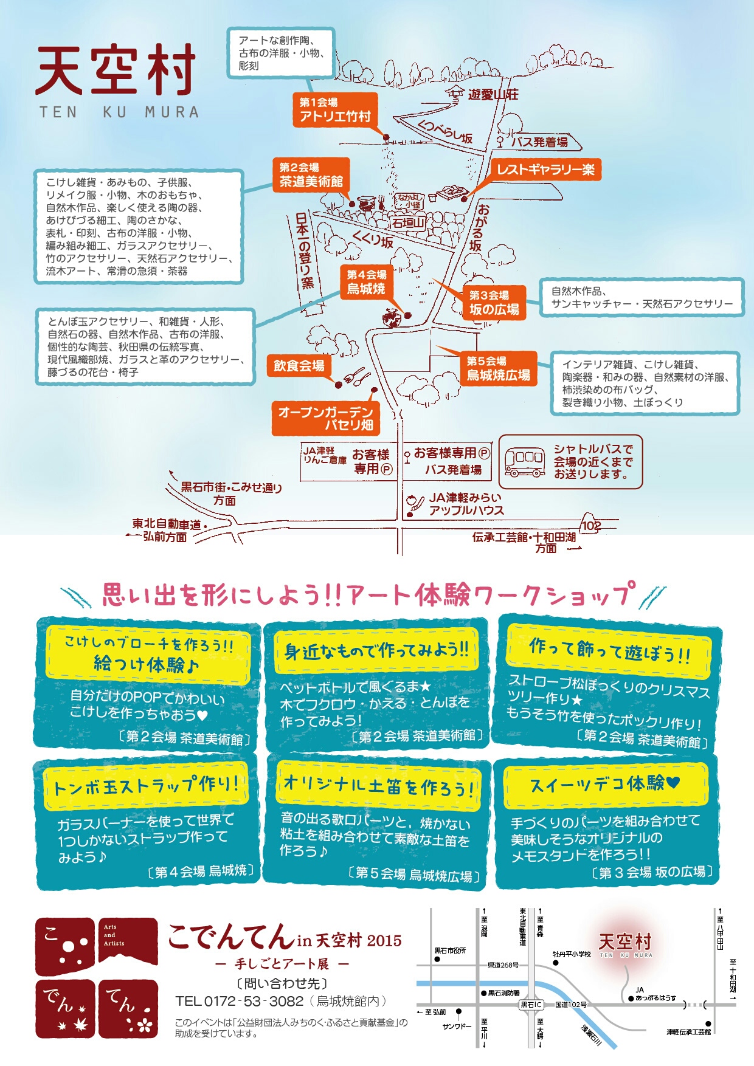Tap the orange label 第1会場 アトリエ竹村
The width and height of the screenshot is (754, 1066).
click(334, 110)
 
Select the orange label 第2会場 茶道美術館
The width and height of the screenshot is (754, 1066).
click(311, 175)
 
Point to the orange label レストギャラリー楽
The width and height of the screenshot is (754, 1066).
click(545, 170)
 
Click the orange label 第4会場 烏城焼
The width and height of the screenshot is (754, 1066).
click(366, 282)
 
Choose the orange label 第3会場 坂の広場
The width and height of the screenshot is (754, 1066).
click(494, 303)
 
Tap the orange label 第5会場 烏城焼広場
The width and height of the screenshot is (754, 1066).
click(498, 368)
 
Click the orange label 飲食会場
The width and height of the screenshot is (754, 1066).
click(299, 366)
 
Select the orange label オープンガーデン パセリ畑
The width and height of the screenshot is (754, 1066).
click(325, 418)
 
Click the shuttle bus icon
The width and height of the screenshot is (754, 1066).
click(524, 462)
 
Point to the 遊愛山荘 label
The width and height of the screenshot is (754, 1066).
click(493, 94)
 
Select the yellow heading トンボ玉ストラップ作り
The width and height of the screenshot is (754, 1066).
click(146, 787)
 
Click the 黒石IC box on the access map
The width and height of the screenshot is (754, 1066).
click(531, 1005)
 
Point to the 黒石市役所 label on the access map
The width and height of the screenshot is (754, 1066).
click(450, 951)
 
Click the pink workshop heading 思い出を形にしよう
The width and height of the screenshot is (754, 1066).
click(365, 594)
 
